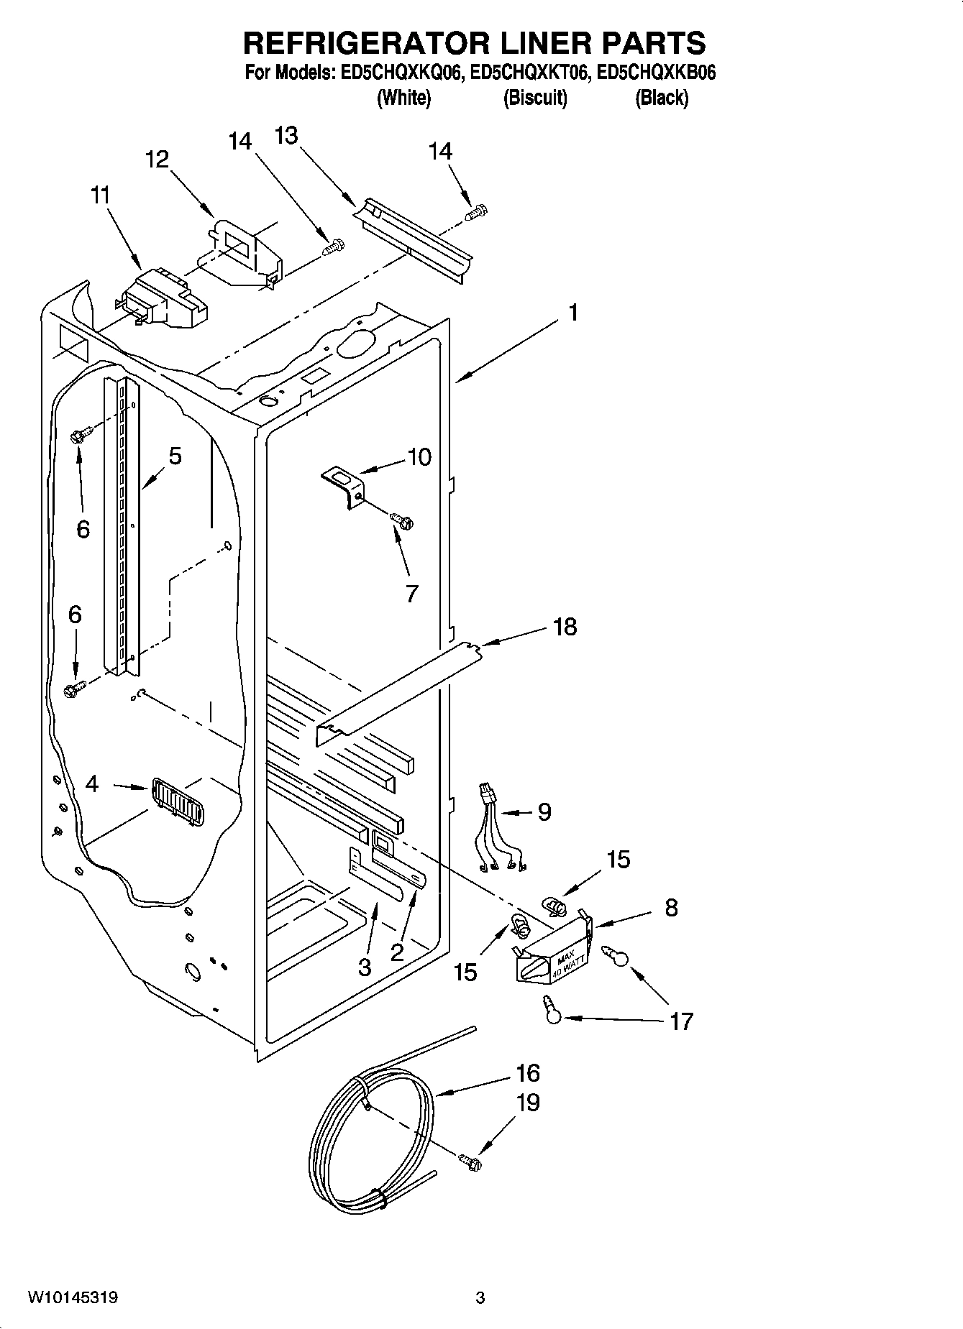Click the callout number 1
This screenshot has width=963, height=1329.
click(x=573, y=313)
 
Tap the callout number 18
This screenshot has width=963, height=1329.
click(x=565, y=627)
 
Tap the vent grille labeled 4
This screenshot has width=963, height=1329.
click(x=177, y=802)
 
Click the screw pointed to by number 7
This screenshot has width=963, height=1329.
click(x=401, y=519)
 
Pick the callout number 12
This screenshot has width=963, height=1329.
click(x=157, y=159)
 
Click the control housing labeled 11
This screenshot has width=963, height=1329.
click(x=164, y=299)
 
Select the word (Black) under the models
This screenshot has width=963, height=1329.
click(x=661, y=98)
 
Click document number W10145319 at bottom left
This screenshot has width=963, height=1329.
click(x=73, y=1297)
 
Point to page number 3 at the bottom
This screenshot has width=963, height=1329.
click(x=480, y=1298)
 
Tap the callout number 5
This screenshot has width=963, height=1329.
click(x=175, y=456)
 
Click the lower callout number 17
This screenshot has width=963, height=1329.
click(x=680, y=1021)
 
